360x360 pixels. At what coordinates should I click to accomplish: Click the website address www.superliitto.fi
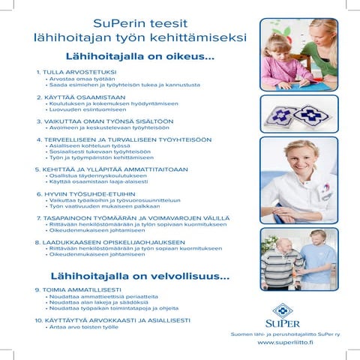(x=285, y=342)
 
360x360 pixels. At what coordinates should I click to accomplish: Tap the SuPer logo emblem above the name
(x=283, y=310)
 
